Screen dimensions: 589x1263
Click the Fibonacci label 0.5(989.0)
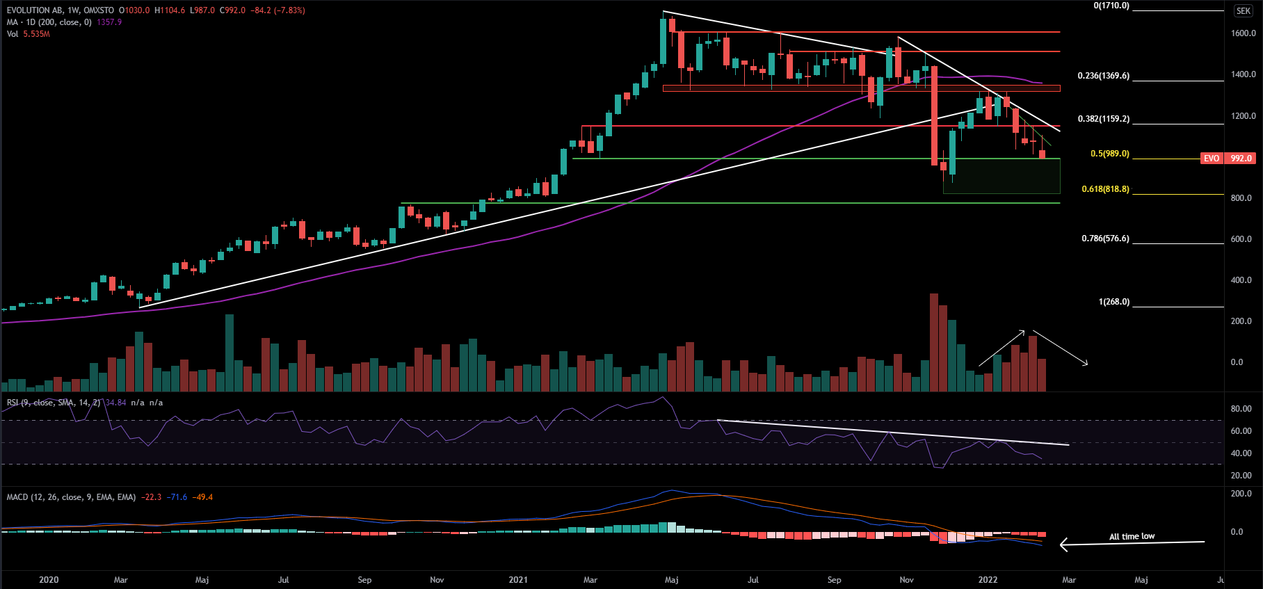pyautogui.click(x=1109, y=154)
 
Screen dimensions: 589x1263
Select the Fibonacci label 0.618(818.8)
pyautogui.click(x=1105, y=189)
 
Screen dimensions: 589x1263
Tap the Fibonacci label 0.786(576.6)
pyautogui.click(x=1105, y=239)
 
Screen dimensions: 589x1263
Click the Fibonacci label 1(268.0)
pyautogui.click(x=1113, y=302)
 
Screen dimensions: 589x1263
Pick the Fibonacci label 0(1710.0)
pyautogui.click(x=1111, y=6)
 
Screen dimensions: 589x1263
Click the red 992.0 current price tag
pyautogui.click(x=1241, y=159)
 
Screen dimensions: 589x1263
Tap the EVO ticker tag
pyautogui.click(x=1212, y=159)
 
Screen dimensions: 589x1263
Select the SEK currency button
pyautogui.click(x=1244, y=11)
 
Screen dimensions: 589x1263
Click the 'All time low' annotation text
pyautogui.click(x=1132, y=536)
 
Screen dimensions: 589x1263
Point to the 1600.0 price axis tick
pyautogui.click(x=1243, y=33)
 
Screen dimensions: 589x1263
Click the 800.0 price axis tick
pyautogui.click(x=1241, y=198)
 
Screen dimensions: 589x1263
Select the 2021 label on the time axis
pyautogui.click(x=517, y=579)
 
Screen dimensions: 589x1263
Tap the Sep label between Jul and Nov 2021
pyautogui.click(x=834, y=579)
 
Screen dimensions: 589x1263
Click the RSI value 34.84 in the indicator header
pyautogui.click(x=115, y=403)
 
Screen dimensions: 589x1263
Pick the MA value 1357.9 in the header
pyautogui.click(x=109, y=22)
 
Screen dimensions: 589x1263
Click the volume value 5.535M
pyautogui.click(x=36, y=34)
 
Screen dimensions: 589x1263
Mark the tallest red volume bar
pyautogui.click(x=934, y=342)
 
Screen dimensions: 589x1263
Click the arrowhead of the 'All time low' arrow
pyautogui.click(x=1062, y=544)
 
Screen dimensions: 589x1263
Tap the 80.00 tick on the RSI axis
pyautogui.click(x=1241, y=409)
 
